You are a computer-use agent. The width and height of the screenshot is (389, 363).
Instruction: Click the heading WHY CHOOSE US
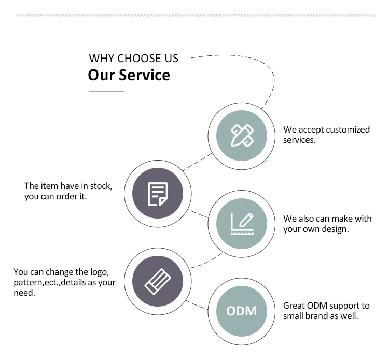coord(133,58)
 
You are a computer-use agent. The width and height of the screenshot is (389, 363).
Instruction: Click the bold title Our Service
coord(129,75)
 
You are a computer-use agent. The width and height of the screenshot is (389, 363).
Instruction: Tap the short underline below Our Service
coord(106,91)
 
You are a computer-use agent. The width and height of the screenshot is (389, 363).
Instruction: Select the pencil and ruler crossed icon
coord(242,136)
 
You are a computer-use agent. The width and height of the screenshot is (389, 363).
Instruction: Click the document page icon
coord(158,194)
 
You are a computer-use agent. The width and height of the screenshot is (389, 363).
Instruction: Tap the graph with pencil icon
coord(242,224)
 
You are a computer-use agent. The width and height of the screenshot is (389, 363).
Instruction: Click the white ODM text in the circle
coord(242,311)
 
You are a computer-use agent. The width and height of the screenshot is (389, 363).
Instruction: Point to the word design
coord(335,229)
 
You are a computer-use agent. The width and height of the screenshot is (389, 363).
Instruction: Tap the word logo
coord(99,272)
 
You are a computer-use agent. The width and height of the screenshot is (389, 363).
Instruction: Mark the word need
coord(24,293)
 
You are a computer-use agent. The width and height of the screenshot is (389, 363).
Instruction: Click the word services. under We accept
coord(299,140)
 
